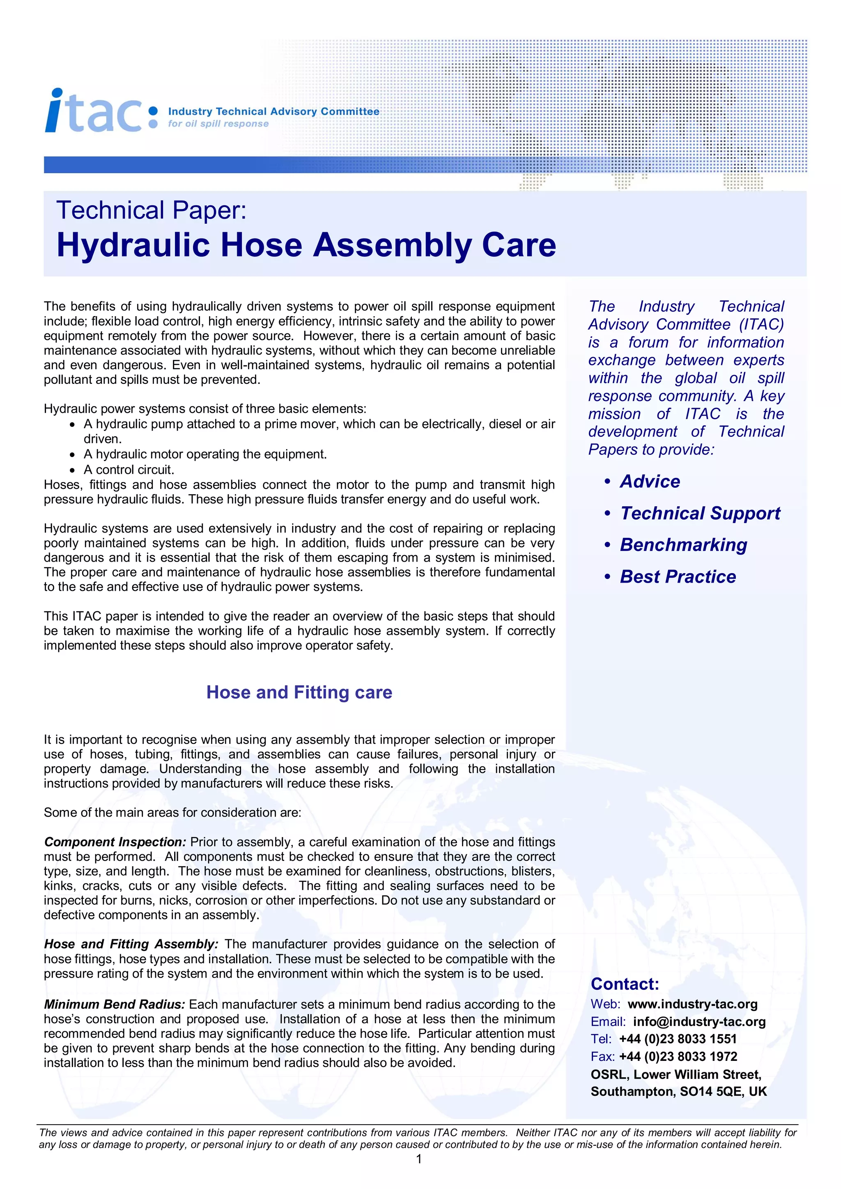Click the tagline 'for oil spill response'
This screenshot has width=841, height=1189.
coord(218,124)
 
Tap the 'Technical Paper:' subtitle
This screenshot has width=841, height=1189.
coord(151,210)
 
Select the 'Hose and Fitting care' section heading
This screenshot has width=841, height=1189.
coord(299,692)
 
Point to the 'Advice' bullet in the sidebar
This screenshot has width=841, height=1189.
coord(650,481)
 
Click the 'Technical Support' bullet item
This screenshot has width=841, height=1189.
coord(700,513)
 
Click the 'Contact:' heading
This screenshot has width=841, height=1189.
coord(625,984)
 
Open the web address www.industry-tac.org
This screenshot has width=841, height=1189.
coord(692,1004)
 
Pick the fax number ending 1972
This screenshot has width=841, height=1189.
coord(678,1056)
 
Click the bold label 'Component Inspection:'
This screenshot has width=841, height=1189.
coord(115,842)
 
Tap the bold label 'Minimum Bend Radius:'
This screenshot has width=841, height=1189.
coord(115,1005)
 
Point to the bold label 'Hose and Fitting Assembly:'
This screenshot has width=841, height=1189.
coord(131,944)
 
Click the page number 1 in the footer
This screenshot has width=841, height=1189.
coord(419,1159)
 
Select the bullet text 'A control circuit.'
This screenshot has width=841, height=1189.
coord(129,470)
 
